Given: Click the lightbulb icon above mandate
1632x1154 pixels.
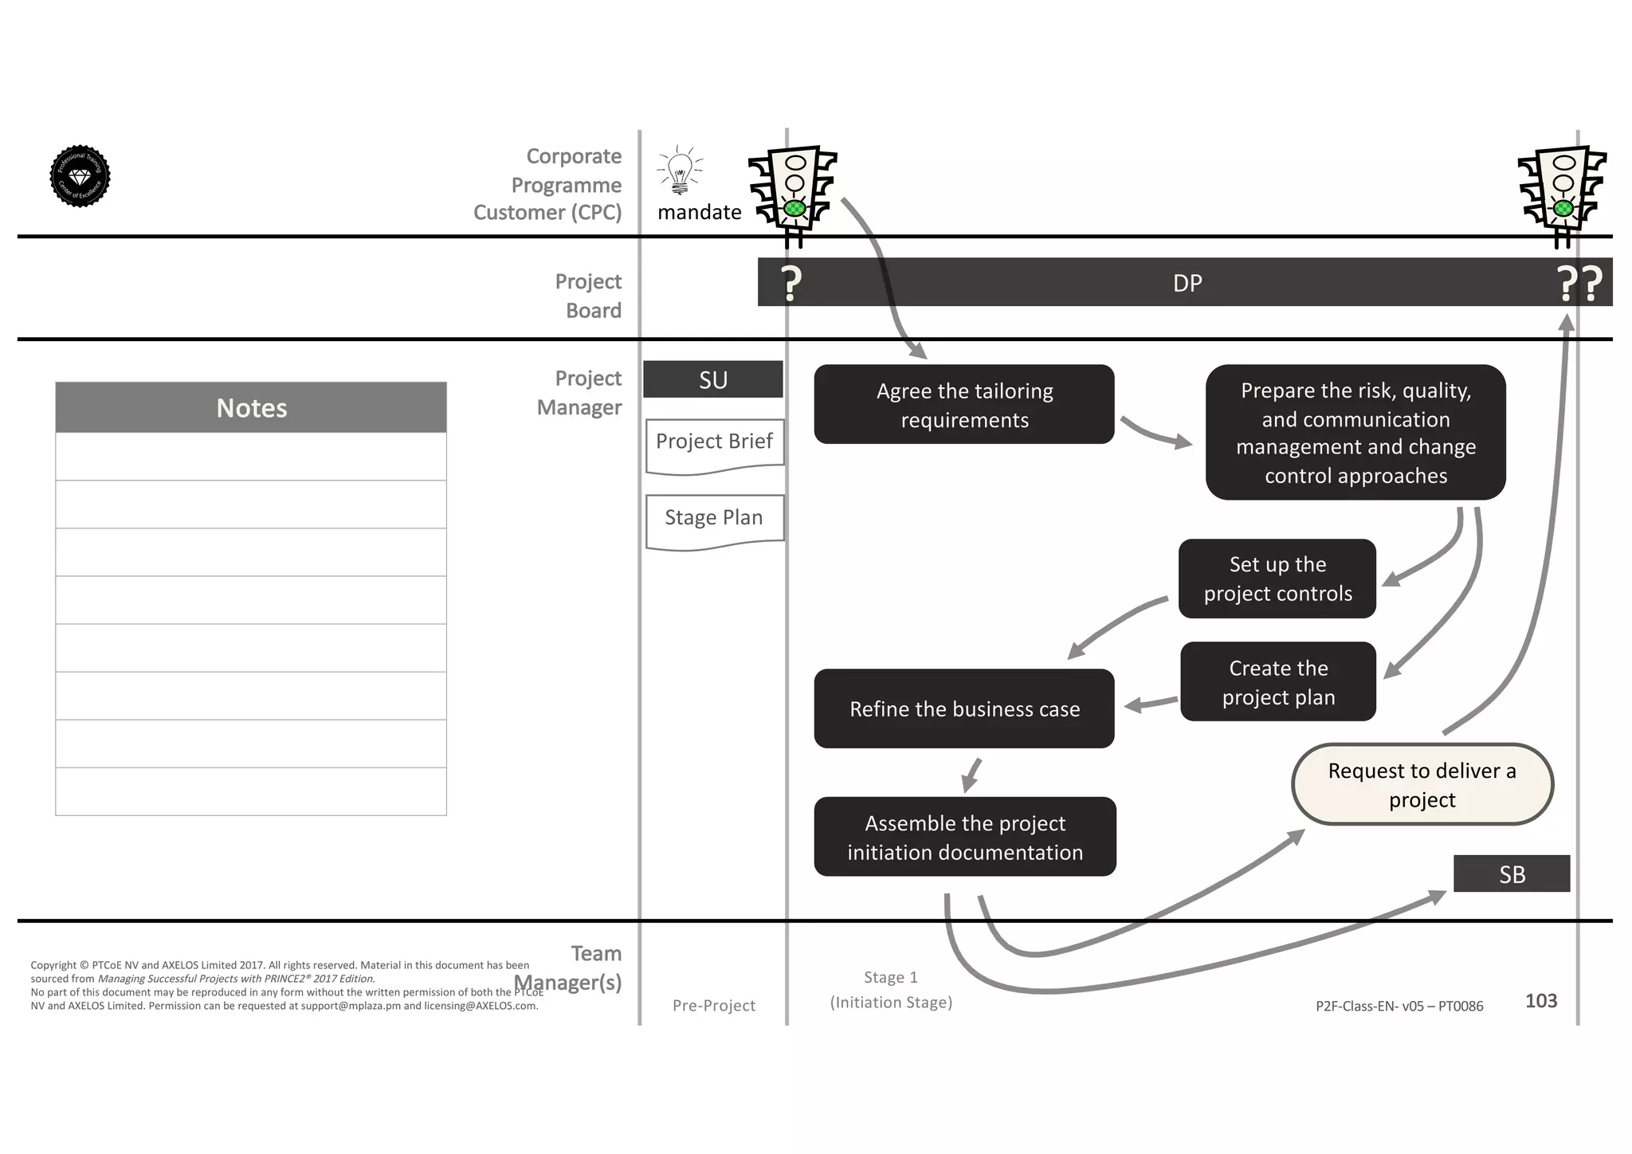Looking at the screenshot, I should point(680,171).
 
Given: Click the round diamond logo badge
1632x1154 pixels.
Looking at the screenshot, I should point(80,176).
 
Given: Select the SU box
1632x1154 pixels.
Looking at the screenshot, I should point(713,379).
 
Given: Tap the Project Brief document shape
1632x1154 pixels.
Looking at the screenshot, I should point(715,444).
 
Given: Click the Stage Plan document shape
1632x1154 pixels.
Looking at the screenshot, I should point(715,520).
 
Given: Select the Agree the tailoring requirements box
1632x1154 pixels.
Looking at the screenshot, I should point(964,405).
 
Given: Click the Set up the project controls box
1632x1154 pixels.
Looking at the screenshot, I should point(1277,579).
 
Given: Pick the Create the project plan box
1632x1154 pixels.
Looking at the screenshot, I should point(1278,682).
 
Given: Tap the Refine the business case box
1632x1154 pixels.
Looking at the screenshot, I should point(964,708).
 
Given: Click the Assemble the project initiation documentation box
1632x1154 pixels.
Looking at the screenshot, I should point(965,837).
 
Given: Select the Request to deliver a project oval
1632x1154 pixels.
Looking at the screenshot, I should point(1422,785).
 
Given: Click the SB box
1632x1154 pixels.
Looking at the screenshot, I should point(1512,874).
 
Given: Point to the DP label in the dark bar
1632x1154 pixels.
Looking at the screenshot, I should point(1187,283).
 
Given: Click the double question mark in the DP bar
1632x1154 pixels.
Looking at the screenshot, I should point(1579,283).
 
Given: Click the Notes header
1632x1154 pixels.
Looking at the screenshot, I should point(251,407).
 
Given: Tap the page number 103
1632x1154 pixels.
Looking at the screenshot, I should point(1540,1001).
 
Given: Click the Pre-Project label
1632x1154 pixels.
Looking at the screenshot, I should point(714,1006).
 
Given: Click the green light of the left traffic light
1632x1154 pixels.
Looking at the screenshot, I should point(794,209).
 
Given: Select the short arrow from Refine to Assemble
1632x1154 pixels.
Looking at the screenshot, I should point(971,775).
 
